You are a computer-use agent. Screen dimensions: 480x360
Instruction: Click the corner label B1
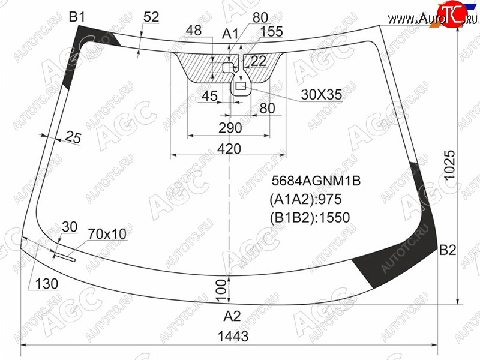77,17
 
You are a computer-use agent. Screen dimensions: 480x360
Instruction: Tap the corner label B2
448,250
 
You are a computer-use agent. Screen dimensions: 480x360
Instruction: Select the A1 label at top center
230,34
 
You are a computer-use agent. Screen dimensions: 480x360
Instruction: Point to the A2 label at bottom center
232,316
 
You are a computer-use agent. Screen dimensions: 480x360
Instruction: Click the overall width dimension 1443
233,336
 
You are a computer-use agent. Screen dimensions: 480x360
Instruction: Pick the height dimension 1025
450,165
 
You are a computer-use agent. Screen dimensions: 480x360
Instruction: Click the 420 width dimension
229,149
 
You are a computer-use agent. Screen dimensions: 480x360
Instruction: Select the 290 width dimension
230,128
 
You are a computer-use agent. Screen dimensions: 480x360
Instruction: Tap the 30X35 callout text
321,95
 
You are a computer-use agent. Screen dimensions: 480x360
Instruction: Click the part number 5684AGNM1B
316,181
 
